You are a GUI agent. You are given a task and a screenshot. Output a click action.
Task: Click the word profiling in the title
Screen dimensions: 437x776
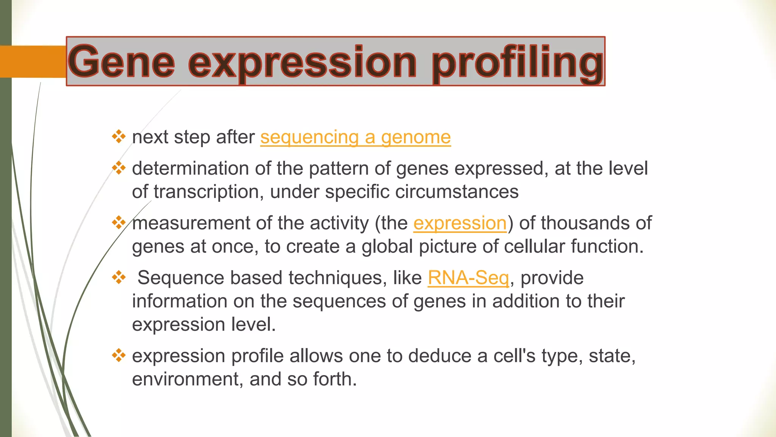tap(517, 62)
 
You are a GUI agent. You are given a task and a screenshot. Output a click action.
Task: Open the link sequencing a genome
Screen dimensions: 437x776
tap(355, 137)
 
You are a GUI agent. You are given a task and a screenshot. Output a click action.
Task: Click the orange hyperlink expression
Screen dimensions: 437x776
tap(460, 223)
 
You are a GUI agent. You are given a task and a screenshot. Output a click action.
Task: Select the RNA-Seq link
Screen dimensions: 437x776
tap(468, 278)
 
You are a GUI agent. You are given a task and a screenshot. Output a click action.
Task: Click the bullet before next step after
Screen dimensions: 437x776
tap(119, 137)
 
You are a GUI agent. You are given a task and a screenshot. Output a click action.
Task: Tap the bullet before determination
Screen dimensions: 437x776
tap(119, 168)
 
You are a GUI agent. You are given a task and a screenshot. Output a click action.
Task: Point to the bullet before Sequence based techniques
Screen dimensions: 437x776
tap(119, 277)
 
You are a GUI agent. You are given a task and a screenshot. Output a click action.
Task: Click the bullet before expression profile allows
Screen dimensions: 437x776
tap(119, 355)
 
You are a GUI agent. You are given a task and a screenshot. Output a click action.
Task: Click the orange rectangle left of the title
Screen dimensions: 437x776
tap(33, 62)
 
